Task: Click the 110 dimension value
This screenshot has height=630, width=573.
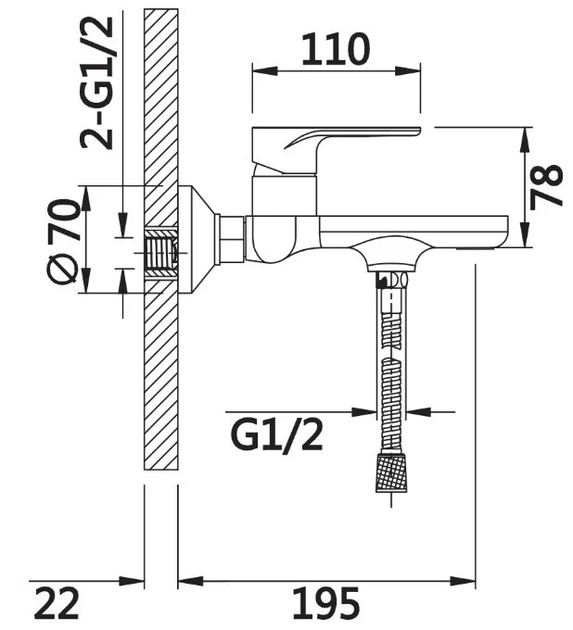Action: [335, 49]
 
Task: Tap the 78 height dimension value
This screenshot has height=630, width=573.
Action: [546, 187]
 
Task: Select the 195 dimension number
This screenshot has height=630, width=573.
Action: [325, 603]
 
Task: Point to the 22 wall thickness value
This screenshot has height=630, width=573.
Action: [57, 603]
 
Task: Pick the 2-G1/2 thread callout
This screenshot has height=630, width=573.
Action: [97, 83]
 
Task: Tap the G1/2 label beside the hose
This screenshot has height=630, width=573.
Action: [276, 436]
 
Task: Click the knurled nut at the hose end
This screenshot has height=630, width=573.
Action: [391, 472]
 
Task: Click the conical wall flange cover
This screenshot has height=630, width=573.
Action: [197, 239]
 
